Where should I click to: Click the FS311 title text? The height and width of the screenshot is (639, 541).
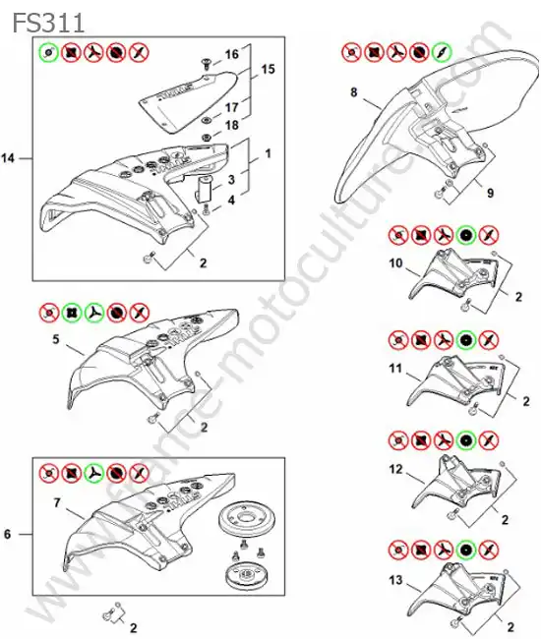point(48,22)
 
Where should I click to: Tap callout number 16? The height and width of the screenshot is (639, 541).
point(231,54)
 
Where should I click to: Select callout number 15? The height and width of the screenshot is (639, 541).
point(268,69)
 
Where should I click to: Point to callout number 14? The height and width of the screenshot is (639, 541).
point(8,158)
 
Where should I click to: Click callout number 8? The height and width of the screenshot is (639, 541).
point(354,92)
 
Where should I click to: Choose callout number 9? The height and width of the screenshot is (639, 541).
point(491,193)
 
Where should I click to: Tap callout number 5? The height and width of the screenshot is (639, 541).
point(56,338)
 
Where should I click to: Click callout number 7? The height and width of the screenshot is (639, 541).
point(57,503)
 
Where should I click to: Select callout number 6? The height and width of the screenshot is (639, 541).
point(7,534)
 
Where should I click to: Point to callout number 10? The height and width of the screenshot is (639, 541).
point(395,262)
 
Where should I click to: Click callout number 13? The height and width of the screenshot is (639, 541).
point(395,579)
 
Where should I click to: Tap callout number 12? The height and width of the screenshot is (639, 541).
point(395,469)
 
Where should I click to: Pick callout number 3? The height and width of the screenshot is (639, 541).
point(231,179)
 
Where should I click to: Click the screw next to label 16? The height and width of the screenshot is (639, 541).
point(206,63)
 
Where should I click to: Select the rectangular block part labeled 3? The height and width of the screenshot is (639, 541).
point(204,189)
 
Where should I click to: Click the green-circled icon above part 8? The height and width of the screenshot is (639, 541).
point(442,52)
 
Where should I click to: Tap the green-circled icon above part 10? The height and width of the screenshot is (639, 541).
point(466,235)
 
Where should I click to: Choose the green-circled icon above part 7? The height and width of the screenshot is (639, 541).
point(94,473)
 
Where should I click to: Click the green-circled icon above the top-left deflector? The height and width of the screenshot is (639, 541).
point(49,52)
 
